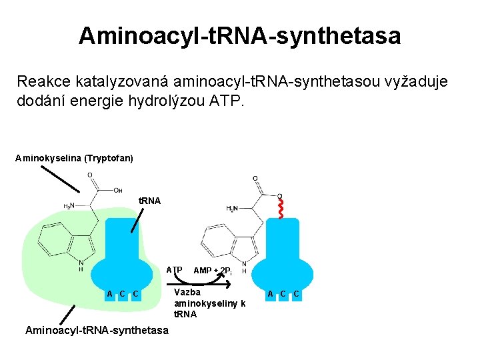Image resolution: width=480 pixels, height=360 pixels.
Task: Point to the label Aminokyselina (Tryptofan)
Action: [74, 158]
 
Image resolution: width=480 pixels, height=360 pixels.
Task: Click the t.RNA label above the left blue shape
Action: [149, 201]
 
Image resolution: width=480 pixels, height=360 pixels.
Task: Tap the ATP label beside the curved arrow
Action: [174, 270]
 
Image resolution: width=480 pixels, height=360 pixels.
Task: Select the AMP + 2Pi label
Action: [212, 271]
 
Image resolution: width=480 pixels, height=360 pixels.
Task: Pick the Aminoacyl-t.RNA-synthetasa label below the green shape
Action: [97, 331]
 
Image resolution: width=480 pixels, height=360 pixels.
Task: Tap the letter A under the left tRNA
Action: [109, 294]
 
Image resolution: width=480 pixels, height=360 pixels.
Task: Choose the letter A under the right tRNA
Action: [270, 294]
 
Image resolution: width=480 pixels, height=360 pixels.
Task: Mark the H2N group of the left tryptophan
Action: [69, 206]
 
